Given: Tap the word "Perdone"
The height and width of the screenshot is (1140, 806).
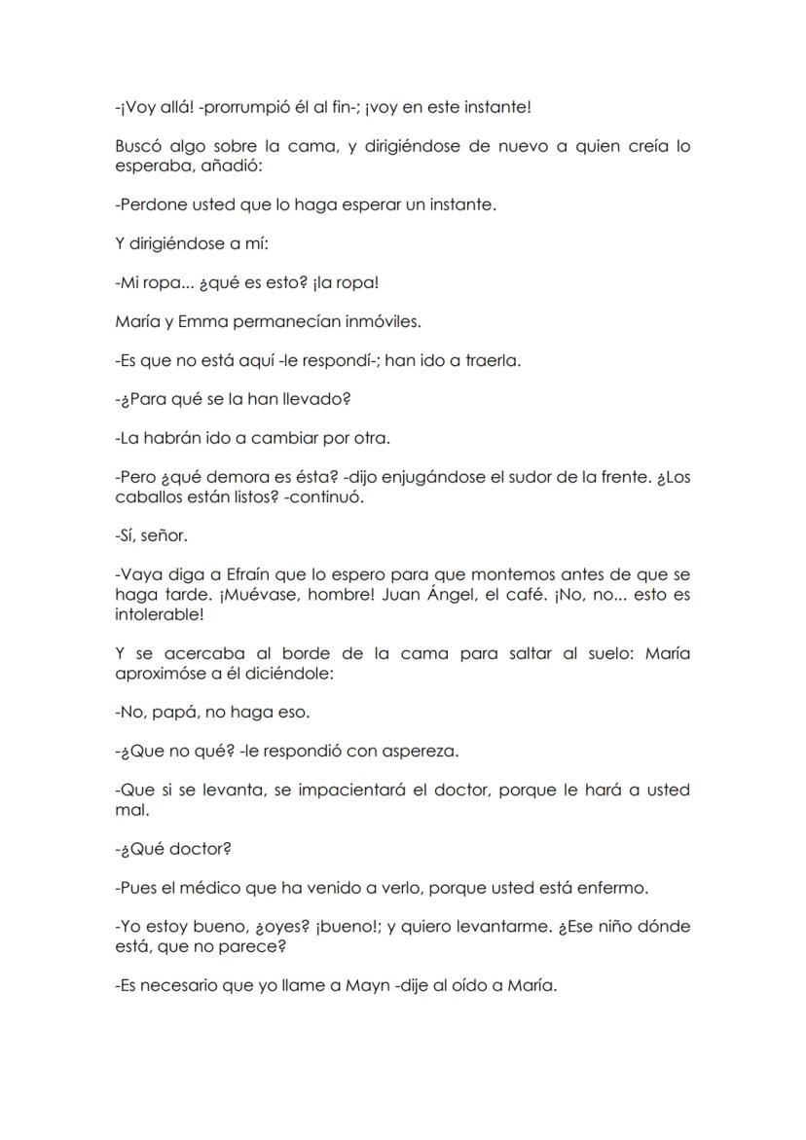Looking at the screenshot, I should tap(150, 204).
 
